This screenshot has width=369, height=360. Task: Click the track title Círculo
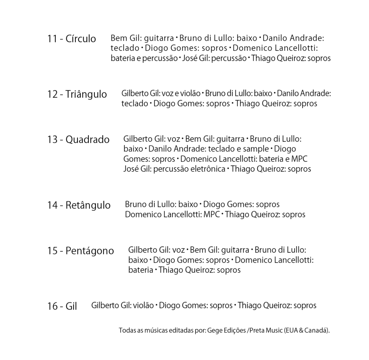(x=81, y=39)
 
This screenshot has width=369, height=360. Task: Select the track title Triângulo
(x=86, y=94)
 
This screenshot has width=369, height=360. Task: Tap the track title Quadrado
(x=88, y=139)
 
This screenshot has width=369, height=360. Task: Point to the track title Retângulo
(x=88, y=205)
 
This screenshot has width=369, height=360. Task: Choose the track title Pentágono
(x=90, y=251)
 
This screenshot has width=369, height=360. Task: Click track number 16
(x=52, y=307)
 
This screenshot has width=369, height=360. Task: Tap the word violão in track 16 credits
(x=143, y=306)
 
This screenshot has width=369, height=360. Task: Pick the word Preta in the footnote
(x=257, y=330)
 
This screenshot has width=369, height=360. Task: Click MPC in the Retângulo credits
(x=212, y=215)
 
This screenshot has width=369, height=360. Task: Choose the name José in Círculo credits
(x=190, y=58)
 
